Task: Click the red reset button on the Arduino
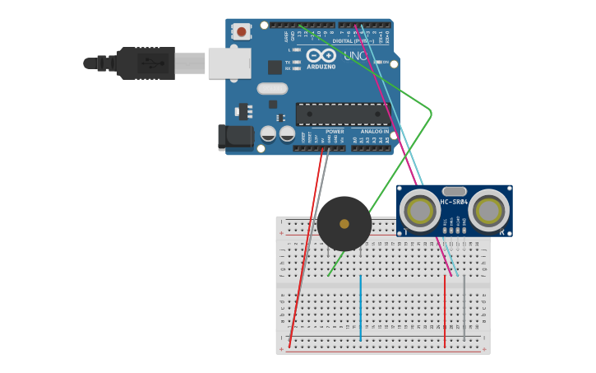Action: pyautogui.click(x=242, y=31)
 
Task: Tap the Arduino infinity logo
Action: pyautogui.click(x=321, y=55)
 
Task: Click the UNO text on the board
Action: pyautogui.click(x=355, y=56)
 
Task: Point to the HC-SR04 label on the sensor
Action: pyautogui.click(x=454, y=202)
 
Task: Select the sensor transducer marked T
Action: pyautogui.click(x=420, y=211)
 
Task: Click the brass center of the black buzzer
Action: pyautogui.click(x=344, y=224)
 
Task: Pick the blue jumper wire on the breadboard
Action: pyautogui.click(x=360, y=309)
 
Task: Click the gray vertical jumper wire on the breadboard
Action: pyautogui.click(x=464, y=309)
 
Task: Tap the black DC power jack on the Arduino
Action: pyautogui.click(x=234, y=138)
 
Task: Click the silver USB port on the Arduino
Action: pyautogui.click(x=229, y=63)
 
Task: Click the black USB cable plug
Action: pyautogui.click(x=145, y=63)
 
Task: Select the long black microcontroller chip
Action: pyautogui.click(x=342, y=114)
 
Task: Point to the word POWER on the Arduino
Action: pyautogui.click(x=335, y=132)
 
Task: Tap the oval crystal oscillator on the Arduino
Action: pyautogui.click(x=272, y=88)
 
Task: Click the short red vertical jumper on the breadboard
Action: pyautogui.click(x=445, y=311)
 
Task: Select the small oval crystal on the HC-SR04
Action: pyautogui.click(x=454, y=191)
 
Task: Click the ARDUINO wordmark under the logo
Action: pyautogui.click(x=321, y=67)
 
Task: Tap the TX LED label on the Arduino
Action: pyautogui.click(x=288, y=62)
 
